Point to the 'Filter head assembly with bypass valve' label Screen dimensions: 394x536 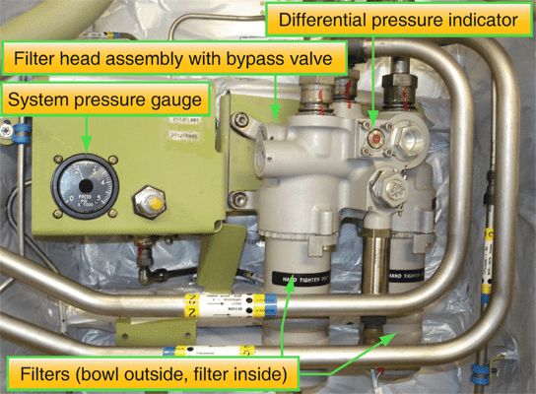[x=181, y=58]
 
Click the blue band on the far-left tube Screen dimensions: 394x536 [x=6, y=127]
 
